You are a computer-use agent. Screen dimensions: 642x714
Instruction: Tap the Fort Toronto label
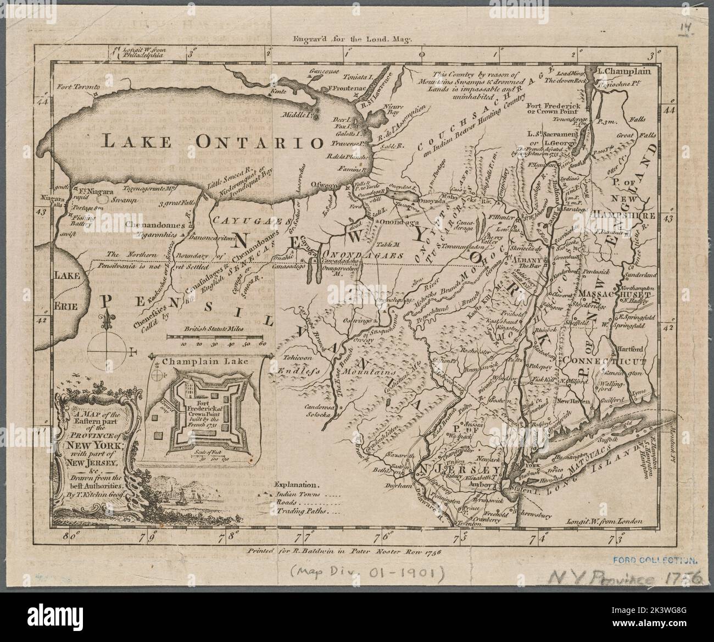pyautogui.click(x=79, y=87)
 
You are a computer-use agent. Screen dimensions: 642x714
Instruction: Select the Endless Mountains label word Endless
pyautogui.click(x=298, y=371)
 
